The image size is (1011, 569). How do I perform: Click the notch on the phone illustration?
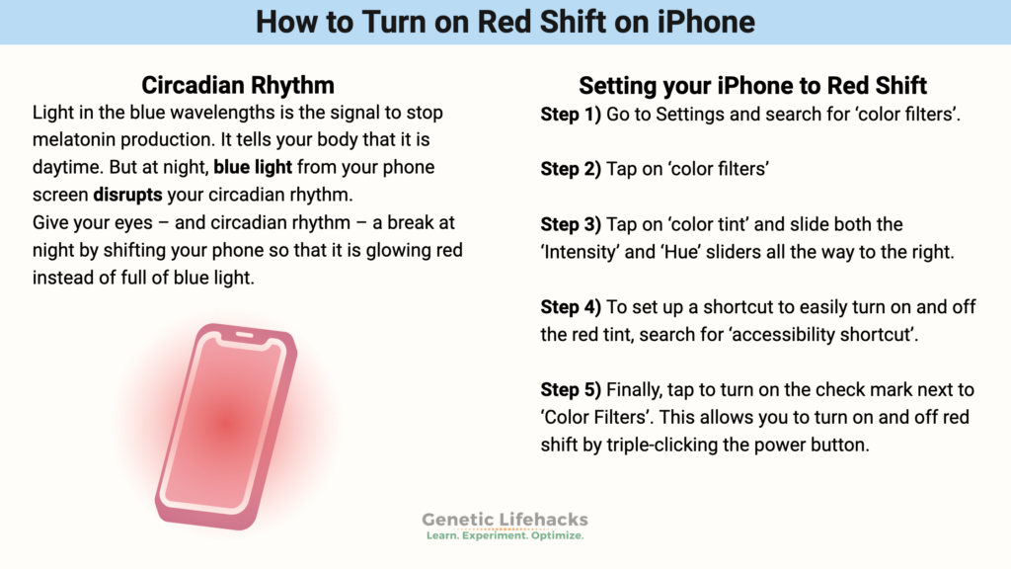click(x=244, y=339)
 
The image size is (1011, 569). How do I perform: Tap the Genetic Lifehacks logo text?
click(x=505, y=519)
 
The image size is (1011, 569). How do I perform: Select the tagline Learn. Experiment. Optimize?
click(x=505, y=535)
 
